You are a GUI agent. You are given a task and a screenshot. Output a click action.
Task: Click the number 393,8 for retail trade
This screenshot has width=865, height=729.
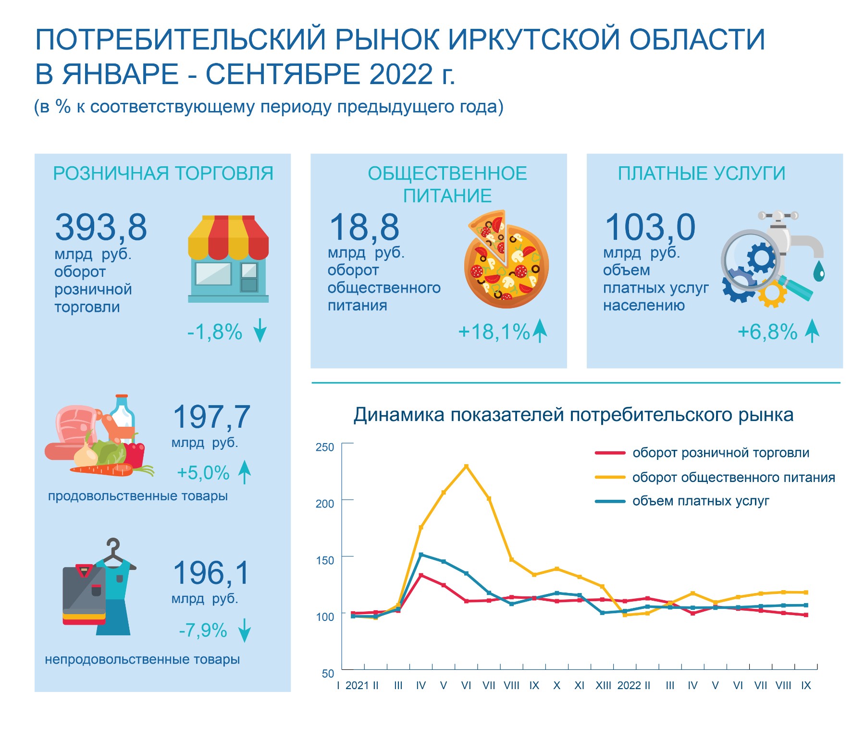(x=100, y=227)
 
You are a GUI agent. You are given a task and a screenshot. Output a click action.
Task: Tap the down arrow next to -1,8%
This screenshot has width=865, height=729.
(x=260, y=330)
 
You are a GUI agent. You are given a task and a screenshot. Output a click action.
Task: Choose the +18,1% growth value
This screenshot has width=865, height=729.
(x=494, y=332)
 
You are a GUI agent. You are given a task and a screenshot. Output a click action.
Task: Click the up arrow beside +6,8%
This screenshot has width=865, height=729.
(x=812, y=331)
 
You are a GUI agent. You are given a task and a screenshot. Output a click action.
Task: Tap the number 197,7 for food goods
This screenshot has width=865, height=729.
(x=211, y=417)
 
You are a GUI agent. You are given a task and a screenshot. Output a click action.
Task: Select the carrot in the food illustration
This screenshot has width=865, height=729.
(x=102, y=470)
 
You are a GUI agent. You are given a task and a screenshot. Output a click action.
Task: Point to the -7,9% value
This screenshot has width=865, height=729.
(x=203, y=630)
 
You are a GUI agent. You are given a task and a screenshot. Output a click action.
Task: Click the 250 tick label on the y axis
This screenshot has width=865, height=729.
(x=325, y=447)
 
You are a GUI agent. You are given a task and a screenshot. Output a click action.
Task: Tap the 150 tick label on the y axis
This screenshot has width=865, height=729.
(x=325, y=560)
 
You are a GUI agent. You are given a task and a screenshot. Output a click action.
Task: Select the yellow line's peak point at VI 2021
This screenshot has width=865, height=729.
(x=466, y=466)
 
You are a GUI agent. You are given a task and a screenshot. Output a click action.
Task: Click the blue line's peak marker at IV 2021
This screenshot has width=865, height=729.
(x=421, y=555)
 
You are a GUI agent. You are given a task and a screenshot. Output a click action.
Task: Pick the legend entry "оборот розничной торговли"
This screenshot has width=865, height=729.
(x=720, y=453)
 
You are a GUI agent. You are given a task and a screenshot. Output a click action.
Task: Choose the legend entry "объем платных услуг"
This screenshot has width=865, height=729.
(x=700, y=501)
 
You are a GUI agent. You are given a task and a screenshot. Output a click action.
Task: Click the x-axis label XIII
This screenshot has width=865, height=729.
(x=603, y=686)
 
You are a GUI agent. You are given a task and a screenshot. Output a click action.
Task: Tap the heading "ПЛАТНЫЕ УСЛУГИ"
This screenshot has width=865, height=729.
(x=701, y=173)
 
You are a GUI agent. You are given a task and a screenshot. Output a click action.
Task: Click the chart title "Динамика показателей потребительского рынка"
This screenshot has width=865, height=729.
(x=573, y=415)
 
